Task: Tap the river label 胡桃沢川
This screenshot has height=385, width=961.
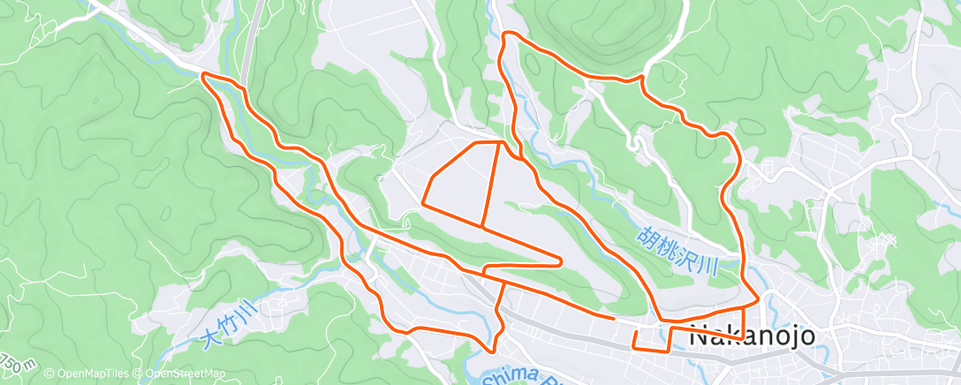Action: click(x=677, y=249)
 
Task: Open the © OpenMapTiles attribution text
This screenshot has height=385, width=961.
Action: click(x=88, y=374)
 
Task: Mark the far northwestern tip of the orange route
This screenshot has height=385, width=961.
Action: click(x=205, y=76)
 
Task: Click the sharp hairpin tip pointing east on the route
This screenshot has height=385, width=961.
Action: click(x=562, y=260)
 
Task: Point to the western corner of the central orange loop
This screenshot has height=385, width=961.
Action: click(x=424, y=203)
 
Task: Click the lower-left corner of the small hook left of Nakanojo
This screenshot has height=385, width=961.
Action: click(x=636, y=347)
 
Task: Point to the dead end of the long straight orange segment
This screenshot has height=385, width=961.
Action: click(x=613, y=315)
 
